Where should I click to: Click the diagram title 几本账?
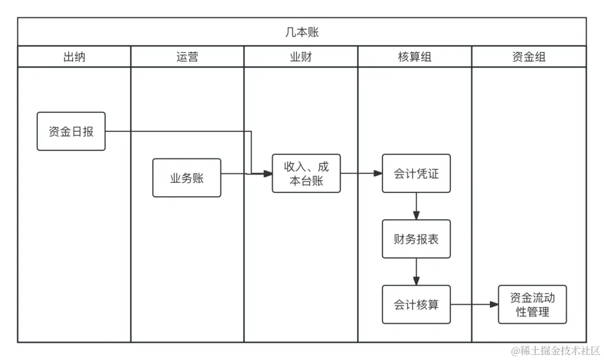pyautogui.click(x=302, y=32)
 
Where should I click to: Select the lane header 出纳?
pyautogui.click(x=74, y=56)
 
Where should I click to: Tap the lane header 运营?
pyautogui.click(x=187, y=56)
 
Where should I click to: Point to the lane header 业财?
pyautogui.click(x=300, y=56)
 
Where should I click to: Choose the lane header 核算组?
pyautogui.click(x=414, y=56)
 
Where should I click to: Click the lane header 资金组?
pyautogui.click(x=528, y=56)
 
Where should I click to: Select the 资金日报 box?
pyautogui.click(x=71, y=131)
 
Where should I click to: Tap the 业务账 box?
pyautogui.click(x=187, y=178)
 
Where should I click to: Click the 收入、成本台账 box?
pyautogui.click(x=306, y=173)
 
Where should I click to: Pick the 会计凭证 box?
pyautogui.click(x=416, y=173)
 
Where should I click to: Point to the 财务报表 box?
pyautogui.click(x=416, y=239)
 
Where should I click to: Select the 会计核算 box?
pyautogui.click(x=416, y=305)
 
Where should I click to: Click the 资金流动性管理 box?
pyautogui.click(x=532, y=305)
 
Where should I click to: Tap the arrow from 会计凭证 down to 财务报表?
pyautogui.click(x=416, y=206)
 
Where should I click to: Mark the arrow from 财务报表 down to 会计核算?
pyautogui.click(x=416, y=272)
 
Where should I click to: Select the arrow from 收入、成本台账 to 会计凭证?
pyautogui.click(x=361, y=173)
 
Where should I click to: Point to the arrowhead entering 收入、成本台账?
pyautogui.click(x=267, y=174)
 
